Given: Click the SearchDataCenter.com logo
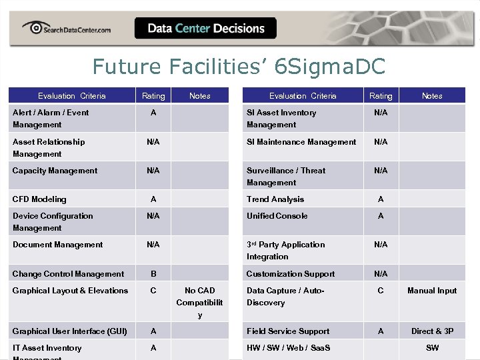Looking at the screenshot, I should (67, 28).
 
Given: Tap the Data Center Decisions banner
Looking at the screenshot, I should (205, 28).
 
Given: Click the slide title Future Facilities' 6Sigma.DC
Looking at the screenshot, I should (239, 67).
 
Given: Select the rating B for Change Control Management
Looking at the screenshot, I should (153, 274).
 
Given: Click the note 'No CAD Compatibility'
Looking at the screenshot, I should (199, 302).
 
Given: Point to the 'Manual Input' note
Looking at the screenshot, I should (432, 291).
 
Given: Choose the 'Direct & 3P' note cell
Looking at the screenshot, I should (432, 331).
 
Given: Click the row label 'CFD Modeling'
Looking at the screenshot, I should (39, 199).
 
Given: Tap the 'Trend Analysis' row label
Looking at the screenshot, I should (275, 199).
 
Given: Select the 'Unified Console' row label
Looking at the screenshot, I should (277, 216).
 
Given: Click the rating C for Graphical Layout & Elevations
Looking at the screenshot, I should (153, 291).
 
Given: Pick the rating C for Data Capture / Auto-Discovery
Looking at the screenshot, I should (381, 291).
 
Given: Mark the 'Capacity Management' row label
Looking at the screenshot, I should (55, 171).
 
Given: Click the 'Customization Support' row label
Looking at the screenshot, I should (291, 274).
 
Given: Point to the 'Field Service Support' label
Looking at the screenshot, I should (288, 331).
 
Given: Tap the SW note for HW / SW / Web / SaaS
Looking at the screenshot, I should (432, 348).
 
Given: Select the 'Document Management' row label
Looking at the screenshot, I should (58, 245).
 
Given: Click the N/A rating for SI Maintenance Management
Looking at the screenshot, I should (381, 142).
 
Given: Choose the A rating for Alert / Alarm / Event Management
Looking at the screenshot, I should (153, 113).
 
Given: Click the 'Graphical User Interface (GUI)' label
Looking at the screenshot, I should (70, 331).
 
